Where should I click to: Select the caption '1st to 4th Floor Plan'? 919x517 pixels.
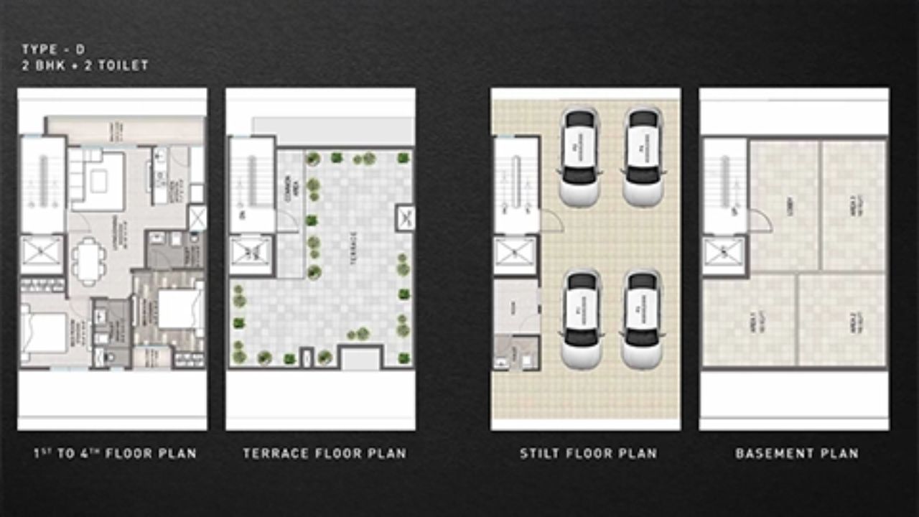[x=114, y=454]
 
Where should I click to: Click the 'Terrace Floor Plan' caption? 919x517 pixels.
[x=324, y=454]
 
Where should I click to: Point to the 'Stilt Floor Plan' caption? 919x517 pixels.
[x=588, y=454]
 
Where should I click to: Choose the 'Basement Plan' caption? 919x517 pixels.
[x=796, y=454]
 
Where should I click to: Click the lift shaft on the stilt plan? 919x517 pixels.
[x=516, y=256]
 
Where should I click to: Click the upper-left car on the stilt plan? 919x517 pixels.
[x=579, y=155]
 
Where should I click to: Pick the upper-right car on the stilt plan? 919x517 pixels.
[x=641, y=155]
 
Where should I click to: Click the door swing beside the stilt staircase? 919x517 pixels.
[x=551, y=221]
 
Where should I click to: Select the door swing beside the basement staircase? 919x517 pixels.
[x=760, y=221]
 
